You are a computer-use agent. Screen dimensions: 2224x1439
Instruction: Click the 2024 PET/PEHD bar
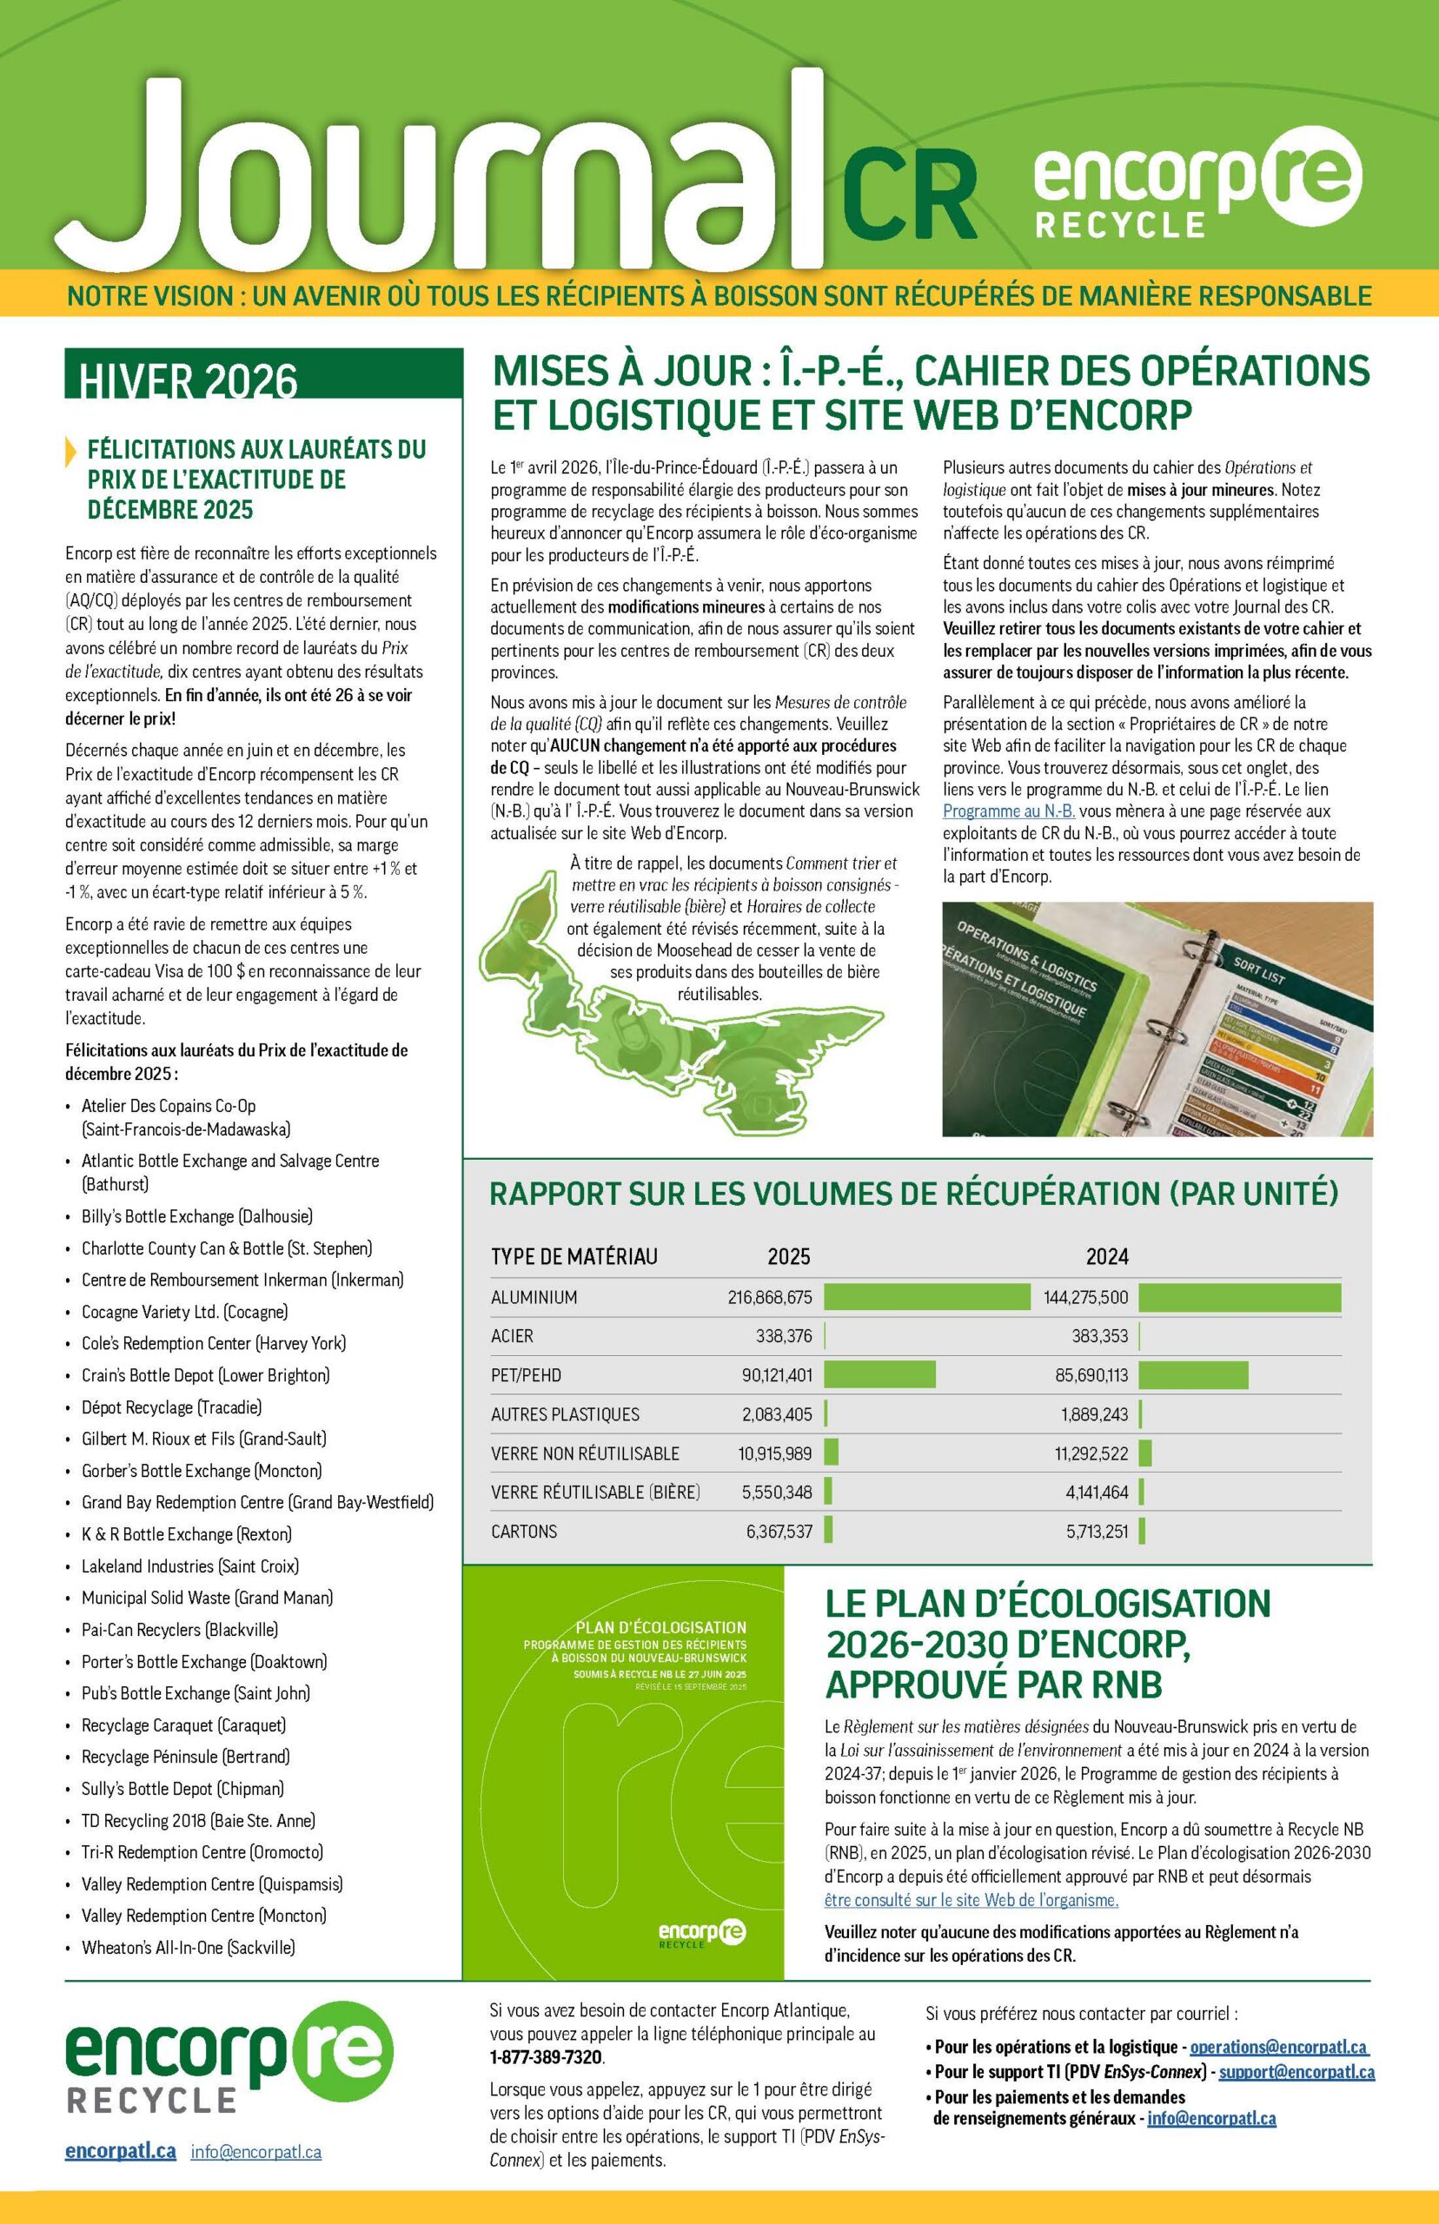tap(1192, 1375)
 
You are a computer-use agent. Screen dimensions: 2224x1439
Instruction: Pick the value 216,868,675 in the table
tap(770, 1297)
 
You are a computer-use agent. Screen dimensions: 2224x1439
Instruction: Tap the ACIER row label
tap(512, 1336)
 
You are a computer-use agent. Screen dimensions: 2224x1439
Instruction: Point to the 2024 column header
tap(1106, 1257)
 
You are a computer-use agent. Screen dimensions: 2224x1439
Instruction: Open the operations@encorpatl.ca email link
tap(1278, 2048)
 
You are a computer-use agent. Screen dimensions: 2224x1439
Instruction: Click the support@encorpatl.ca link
tap(1296, 2072)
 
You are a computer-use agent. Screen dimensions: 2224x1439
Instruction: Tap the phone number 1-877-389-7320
tap(547, 2058)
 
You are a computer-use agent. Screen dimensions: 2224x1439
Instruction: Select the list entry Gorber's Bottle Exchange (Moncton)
tap(201, 1471)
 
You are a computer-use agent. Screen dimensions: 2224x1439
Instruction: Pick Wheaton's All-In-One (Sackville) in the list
tap(188, 1948)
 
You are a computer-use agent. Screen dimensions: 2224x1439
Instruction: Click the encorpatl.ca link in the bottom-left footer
tap(121, 2151)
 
